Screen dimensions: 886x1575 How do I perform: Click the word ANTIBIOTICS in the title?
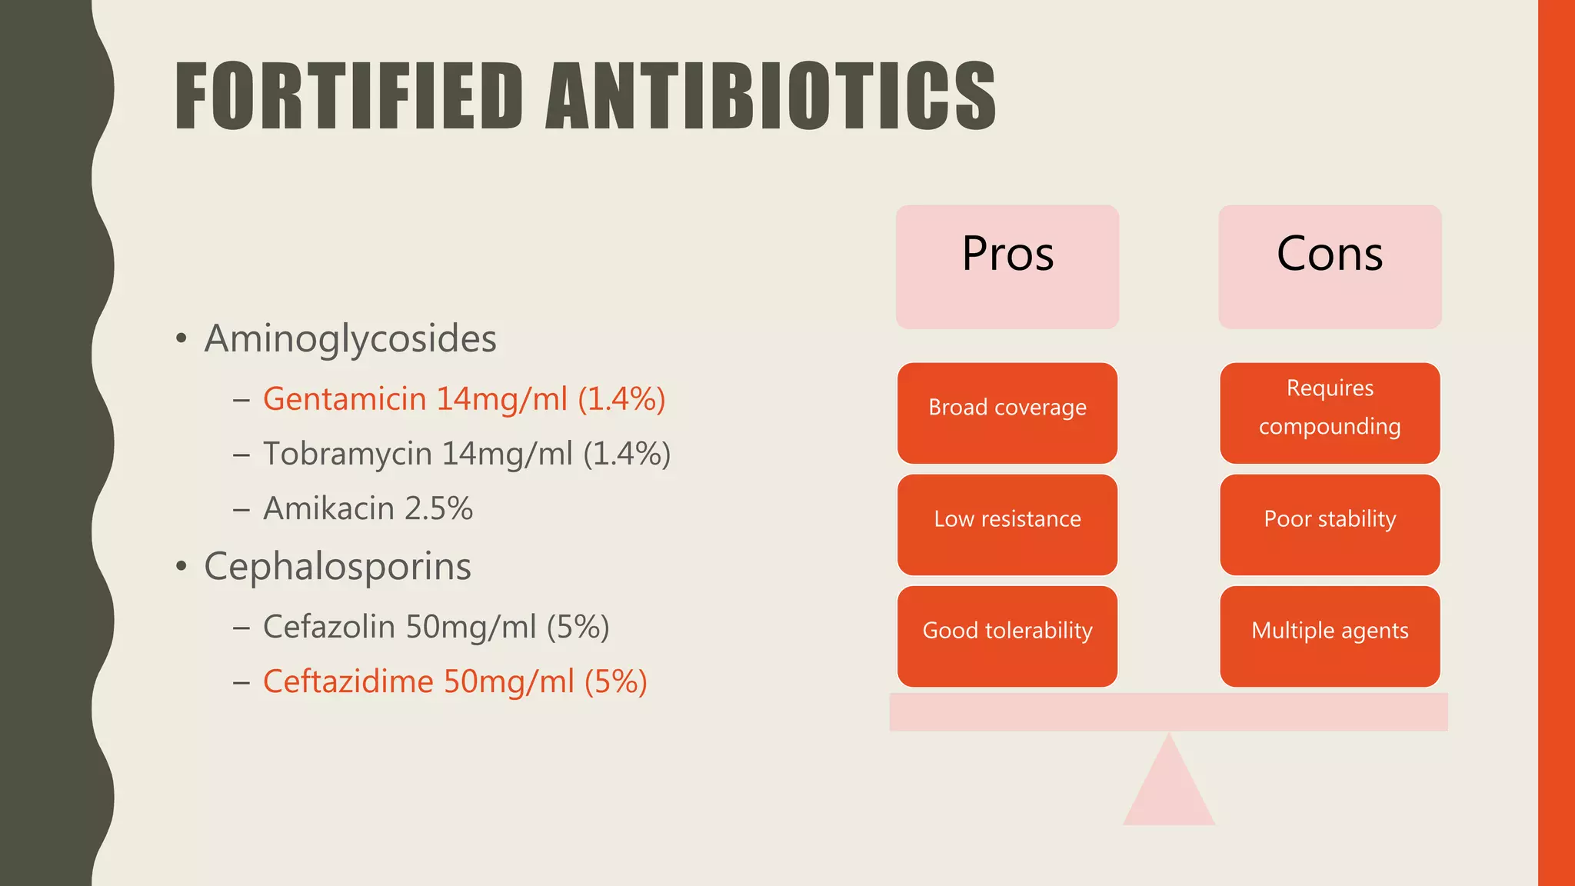click(771, 96)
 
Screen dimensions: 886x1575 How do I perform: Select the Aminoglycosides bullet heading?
click(351, 338)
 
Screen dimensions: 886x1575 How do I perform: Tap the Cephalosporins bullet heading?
click(338, 567)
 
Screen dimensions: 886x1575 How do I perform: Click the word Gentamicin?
click(345, 399)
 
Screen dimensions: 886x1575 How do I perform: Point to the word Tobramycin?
click(347, 454)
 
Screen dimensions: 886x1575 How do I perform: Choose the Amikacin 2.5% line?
click(368, 508)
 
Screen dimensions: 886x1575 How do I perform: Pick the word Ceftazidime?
click(348, 681)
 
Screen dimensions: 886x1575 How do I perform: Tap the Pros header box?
click(1007, 267)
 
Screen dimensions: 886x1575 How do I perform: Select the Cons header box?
click(1330, 267)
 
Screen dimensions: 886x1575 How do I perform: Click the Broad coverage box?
click(1007, 413)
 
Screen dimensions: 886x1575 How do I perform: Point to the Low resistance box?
click(1007, 525)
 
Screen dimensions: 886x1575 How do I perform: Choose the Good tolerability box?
click(1007, 636)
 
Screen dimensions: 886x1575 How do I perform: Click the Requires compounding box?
click(1330, 413)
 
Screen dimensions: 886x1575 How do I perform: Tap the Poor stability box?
click(1330, 525)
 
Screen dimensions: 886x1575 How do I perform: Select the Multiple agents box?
click(1330, 636)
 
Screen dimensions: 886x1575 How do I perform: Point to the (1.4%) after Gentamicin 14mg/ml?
click(621, 399)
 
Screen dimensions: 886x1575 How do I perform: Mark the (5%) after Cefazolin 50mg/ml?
click(578, 627)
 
